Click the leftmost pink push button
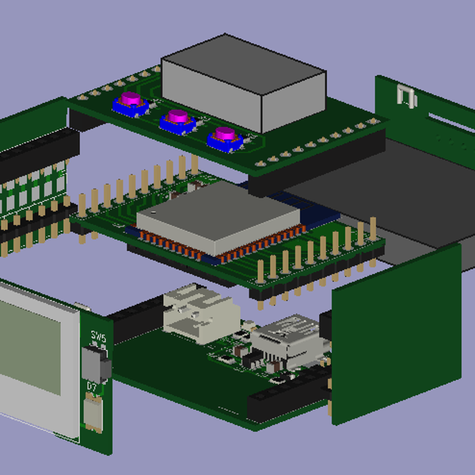point(130,102)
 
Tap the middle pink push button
point(177,120)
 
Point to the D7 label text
point(93,387)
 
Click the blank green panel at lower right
point(396,332)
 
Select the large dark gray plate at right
point(372,198)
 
